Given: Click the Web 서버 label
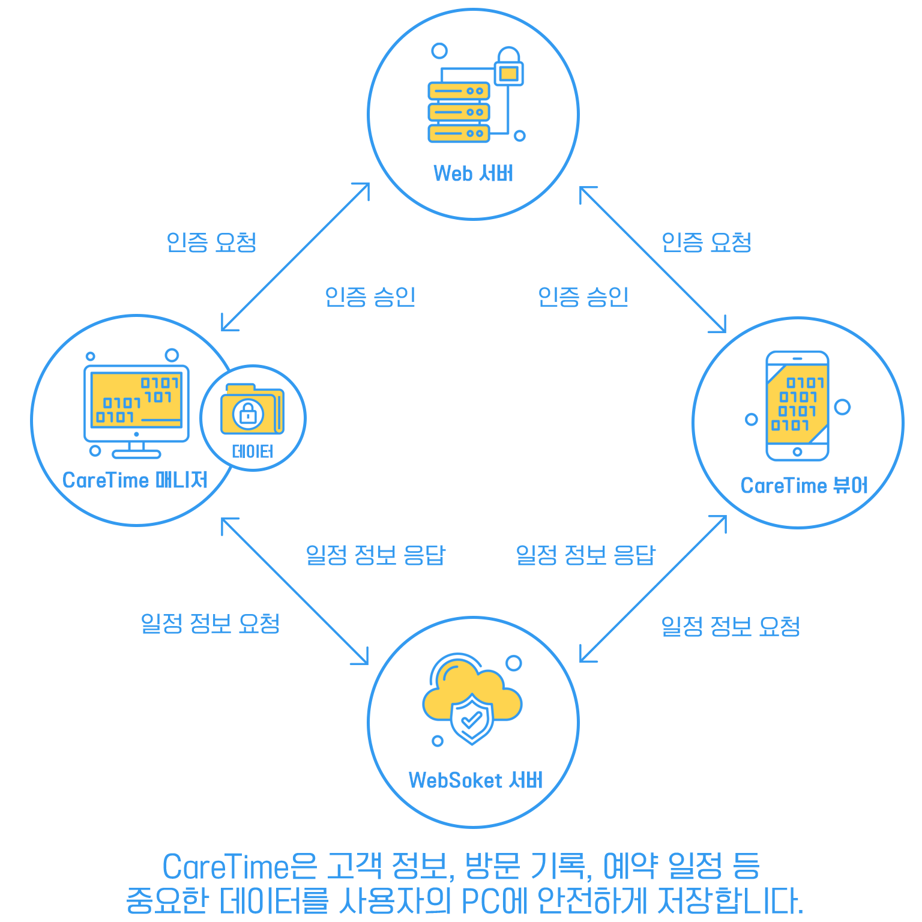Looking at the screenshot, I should tap(473, 173).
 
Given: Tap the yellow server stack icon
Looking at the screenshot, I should tap(459, 112).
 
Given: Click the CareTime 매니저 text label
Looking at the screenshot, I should tap(135, 480).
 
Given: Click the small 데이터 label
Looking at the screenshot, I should tap(253, 451).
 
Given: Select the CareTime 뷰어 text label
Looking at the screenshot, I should tap(804, 485).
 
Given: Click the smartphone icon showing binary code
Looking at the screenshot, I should tap(797, 406).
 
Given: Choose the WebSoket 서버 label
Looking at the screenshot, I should tap(475, 780).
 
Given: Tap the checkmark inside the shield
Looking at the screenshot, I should tap(472, 719).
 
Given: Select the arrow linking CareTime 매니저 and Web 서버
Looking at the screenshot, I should tap(295, 257).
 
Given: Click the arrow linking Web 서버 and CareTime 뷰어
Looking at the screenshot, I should tap(652, 259).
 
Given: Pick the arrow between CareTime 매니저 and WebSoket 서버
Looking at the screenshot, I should tap(295, 591).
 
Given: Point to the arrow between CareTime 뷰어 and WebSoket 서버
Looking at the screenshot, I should tap(653, 589).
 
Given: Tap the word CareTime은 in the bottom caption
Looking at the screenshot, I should tap(239, 867).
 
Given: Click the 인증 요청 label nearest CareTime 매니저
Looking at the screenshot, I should tap(211, 243).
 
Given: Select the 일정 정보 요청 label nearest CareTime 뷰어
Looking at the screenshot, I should tap(731, 627).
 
